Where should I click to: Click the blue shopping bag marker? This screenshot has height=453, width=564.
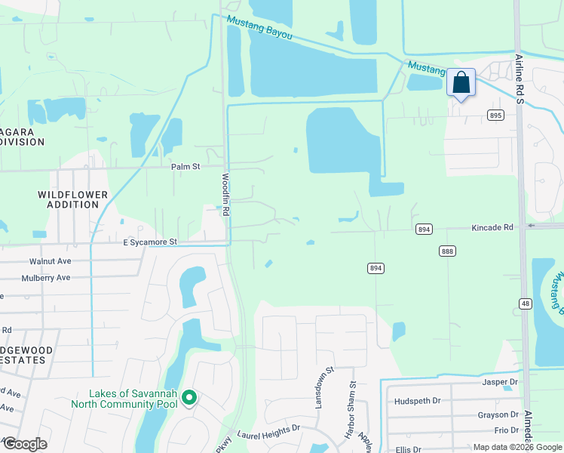tap(461, 83)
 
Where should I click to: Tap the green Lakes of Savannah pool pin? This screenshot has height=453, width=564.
tap(189, 396)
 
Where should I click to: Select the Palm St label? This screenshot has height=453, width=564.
tap(185, 166)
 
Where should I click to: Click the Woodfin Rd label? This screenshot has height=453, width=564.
tap(225, 196)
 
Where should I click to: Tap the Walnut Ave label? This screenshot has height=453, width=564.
tap(50, 261)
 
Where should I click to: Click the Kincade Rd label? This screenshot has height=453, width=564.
tap(492, 227)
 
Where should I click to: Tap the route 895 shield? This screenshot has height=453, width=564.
tap(495, 116)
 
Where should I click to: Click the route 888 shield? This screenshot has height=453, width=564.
tap(448, 251)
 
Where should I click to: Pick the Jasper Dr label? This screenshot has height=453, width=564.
tap(500, 383)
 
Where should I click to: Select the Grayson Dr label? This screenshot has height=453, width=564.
tap(498, 415)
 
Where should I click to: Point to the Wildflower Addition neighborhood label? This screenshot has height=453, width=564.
tap(73, 199)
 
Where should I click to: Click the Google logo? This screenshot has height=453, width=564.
tap(25, 444)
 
